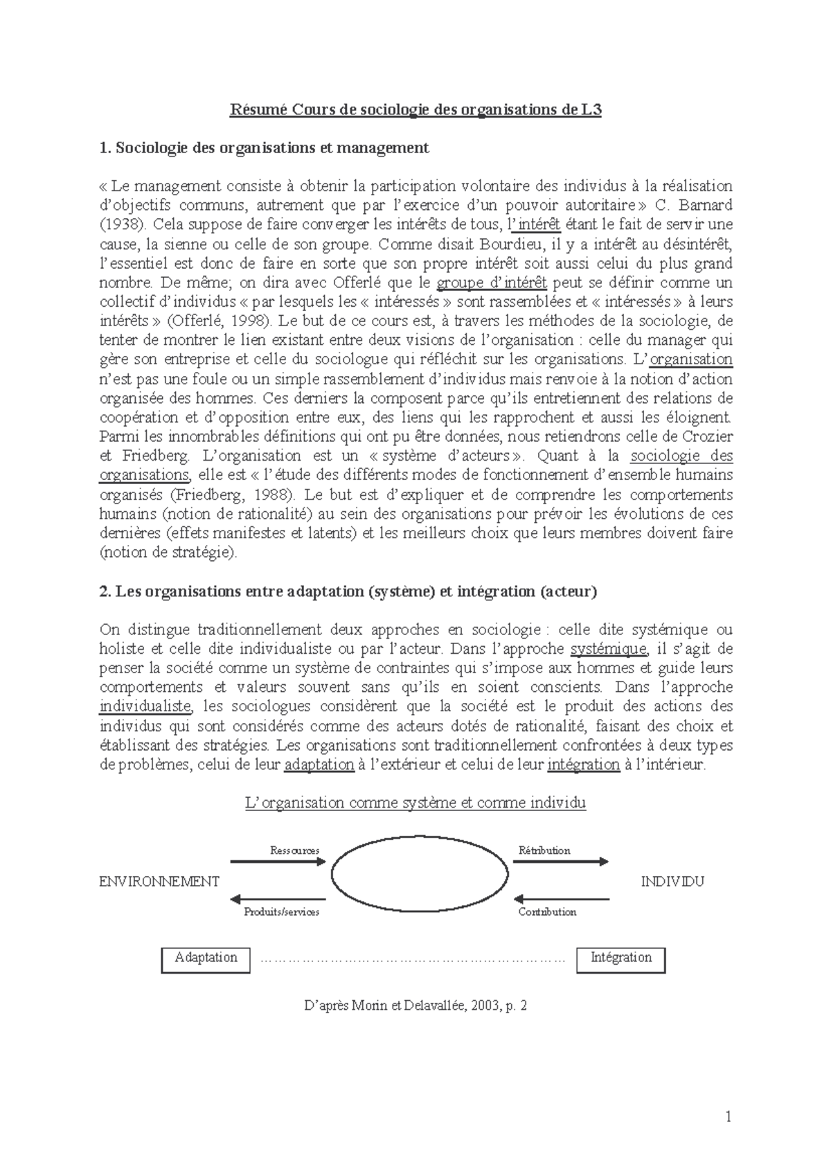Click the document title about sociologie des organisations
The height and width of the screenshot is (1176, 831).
click(x=415, y=109)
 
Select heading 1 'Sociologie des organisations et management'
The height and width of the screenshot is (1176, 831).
click(x=264, y=148)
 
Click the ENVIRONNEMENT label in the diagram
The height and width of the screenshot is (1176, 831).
click(x=159, y=882)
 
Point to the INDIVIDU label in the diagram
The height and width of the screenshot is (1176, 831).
click(x=672, y=882)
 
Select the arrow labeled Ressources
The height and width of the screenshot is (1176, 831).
click(x=277, y=862)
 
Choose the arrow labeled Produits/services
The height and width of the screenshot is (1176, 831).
click(x=277, y=900)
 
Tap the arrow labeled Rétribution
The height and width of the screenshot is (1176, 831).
click(x=560, y=862)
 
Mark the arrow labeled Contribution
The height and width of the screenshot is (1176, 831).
click(x=560, y=900)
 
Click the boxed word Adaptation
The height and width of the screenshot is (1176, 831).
click(x=206, y=958)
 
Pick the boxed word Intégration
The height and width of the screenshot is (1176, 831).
click(x=620, y=958)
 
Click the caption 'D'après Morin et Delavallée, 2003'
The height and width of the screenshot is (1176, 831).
click(x=415, y=1006)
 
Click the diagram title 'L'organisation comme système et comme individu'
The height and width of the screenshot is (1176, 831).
click(x=415, y=803)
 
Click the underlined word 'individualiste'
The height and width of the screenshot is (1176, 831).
click(x=145, y=707)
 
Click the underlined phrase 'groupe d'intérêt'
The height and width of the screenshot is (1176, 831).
click(x=492, y=283)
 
